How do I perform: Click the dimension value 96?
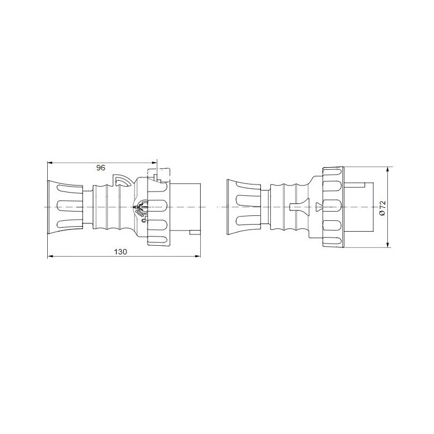pyautogui.click(x=100, y=168)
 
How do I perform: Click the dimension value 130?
pyautogui.click(x=122, y=252)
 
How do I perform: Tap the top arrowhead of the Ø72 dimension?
pyautogui.click(x=388, y=169)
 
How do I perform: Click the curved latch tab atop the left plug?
pyautogui.click(x=122, y=180)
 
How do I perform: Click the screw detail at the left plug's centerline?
pyautogui.click(x=142, y=207)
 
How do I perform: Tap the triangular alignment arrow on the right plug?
pyautogui.click(x=318, y=206)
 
